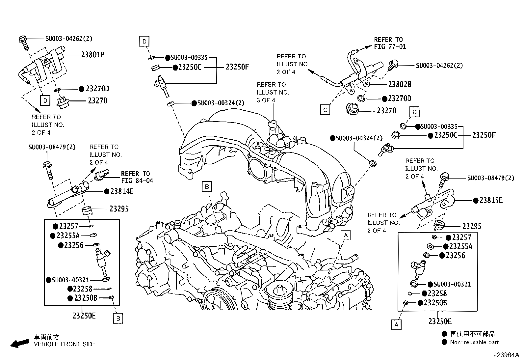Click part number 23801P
(92, 54)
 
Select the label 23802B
(400, 84)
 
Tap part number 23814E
(122, 191)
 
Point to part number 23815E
(491, 200)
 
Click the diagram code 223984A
(506, 355)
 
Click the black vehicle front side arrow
(19, 343)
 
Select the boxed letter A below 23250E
(396, 325)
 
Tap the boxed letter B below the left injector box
(118, 319)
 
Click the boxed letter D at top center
(144, 42)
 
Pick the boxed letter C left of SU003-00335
(414, 112)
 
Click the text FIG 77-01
(390, 47)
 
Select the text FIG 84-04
(137, 181)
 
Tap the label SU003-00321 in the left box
(70, 280)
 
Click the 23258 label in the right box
(437, 293)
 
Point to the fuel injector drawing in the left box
(102, 260)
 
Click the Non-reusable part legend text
(474, 343)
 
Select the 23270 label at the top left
(97, 101)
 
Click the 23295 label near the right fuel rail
(472, 226)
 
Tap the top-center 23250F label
(237, 67)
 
